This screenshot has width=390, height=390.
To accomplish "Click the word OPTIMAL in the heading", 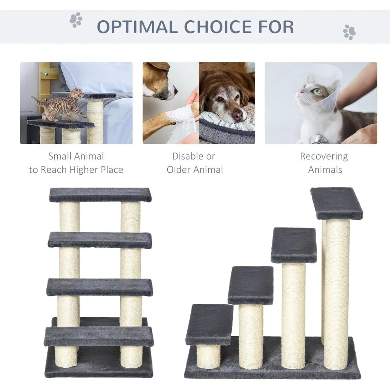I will [x=137, y=27].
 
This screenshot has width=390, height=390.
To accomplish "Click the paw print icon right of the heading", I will [x=349, y=32].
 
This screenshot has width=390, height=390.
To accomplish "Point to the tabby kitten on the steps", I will [x=60, y=105].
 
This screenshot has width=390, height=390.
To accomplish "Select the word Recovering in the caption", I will [x=324, y=156].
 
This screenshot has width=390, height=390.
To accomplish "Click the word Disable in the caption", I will [x=188, y=156].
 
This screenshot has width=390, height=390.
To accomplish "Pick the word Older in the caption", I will [x=181, y=170].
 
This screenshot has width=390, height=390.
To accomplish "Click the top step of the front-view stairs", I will [x=100, y=195].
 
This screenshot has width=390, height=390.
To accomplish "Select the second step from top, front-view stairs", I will [x=100, y=240].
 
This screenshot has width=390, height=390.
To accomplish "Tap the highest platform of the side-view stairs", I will [x=336, y=203].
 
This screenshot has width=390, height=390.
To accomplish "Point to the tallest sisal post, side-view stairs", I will [x=336, y=292].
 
